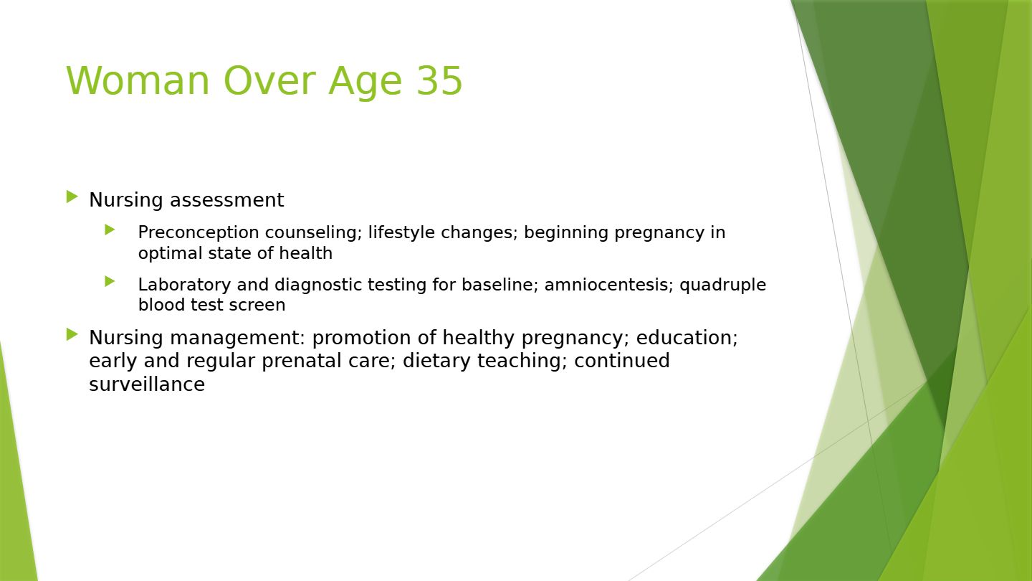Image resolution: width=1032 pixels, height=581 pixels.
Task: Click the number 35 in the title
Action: tap(439, 80)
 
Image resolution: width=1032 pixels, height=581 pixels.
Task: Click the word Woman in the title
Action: tap(138, 80)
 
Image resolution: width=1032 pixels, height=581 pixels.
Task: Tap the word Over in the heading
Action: tap(269, 80)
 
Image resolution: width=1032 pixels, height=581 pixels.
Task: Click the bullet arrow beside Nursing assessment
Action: tap(72, 197)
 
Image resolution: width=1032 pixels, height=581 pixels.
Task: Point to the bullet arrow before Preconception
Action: tap(110, 230)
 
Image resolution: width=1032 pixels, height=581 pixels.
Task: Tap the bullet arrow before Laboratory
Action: tap(110, 281)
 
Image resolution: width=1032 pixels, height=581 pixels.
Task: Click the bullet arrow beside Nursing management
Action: tap(72, 334)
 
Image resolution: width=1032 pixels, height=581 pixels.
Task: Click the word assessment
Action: tap(226, 200)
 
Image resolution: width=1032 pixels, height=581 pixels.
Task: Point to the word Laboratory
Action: tap(184, 285)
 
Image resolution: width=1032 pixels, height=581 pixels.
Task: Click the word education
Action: tap(687, 338)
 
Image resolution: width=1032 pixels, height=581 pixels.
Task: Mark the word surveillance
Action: tap(147, 384)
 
